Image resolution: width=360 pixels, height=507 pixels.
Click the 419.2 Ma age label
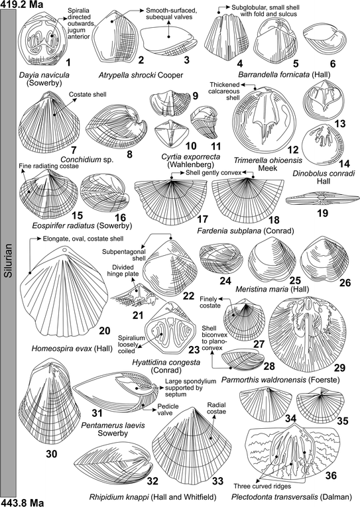(22, 5)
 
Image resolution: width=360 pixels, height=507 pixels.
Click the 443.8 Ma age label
(22, 501)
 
